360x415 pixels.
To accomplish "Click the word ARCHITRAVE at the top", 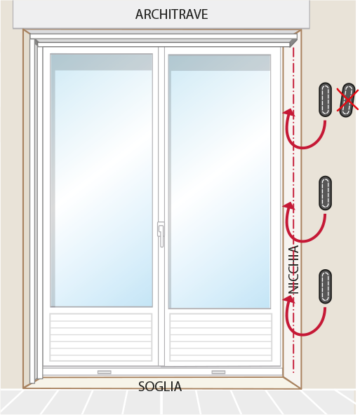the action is [172, 14].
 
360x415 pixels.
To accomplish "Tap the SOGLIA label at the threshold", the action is [160, 386].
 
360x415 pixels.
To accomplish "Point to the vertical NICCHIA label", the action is [293, 269].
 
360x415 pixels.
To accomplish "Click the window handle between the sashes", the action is [161, 234].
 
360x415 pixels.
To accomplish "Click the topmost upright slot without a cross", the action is [326, 100].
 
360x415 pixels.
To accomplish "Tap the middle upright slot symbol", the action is [326, 193].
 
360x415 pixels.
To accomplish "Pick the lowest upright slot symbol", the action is [326, 287].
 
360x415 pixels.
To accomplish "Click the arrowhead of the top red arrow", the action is [289, 112].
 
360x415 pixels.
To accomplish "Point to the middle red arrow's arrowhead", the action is [289, 206].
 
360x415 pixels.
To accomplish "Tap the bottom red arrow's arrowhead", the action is [289, 299].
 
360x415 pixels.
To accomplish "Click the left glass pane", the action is [102, 180].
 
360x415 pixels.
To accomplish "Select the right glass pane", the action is [220, 182].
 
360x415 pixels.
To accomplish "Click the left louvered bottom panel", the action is [101, 337].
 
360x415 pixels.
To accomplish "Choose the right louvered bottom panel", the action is [221, 337].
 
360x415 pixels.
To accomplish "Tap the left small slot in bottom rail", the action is [105, 372].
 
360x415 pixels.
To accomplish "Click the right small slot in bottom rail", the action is [218, 372].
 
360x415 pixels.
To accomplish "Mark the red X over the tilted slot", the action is [347, 100].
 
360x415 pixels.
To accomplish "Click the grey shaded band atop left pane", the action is [102, 62].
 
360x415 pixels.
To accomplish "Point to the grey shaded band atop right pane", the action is [220, 63].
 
